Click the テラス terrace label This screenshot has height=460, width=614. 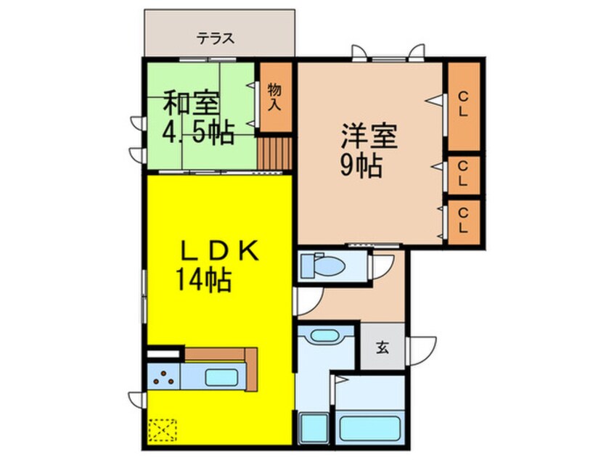tap(216, 38)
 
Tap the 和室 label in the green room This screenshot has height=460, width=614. tap(191, 102)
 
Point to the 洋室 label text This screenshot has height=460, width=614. tap(369, 136)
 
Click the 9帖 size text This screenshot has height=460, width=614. tap(361, 165)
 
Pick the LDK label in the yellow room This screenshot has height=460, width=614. tap(219, 251)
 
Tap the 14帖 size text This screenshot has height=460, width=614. tap(203, 279)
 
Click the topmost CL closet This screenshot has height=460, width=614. tap(464, 106)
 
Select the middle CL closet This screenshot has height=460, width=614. tap(464, 175)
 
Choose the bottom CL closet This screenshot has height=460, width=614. tap(464, 221)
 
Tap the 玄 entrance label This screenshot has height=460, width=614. tap(382, 347)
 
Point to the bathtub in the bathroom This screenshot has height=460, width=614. tap(369, 428)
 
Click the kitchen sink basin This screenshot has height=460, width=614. tap(221, 377)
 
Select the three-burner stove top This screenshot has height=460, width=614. tap(164, 377)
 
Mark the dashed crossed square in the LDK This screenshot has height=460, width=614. tap(163, 430)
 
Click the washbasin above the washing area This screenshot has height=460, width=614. tap(324, 335)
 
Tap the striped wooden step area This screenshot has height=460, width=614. tap(275, 154)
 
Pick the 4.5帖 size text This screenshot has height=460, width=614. tap(198, 133)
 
